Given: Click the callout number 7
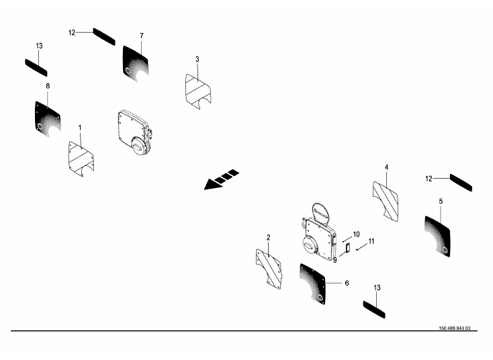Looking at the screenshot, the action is click(x=142, y=36).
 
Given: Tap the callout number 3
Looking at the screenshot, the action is click(x=197, y=59).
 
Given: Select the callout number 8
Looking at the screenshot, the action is click(x=48, y=86).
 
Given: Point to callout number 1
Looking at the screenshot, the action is click(x=80, y=128).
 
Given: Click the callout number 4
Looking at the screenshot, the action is click(x=386, y=167).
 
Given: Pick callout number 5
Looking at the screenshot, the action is click(x=441, y=201).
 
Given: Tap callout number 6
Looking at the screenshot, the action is click(x=347, y=283).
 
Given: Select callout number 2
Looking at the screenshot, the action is click(x=268, y=237).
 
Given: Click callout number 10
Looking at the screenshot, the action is click(x=356, y=234).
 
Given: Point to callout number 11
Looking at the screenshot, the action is click(x=371, y=241).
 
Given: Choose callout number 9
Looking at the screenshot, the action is click(x=335, y=261).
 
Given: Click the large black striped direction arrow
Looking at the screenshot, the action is click(x=222, y=179).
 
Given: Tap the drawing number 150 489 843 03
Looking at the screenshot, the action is click(x=455, y=328).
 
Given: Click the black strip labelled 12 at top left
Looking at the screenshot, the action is click(x=104, y=36).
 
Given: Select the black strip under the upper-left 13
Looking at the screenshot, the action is click(x=36, y=68).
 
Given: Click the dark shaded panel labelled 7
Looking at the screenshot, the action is click(x=136, y=64).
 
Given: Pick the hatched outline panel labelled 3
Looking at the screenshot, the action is click(x=198, y=91).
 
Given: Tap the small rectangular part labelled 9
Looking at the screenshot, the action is click(x=348, y=248).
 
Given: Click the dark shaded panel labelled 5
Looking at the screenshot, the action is click(x=437, y=236).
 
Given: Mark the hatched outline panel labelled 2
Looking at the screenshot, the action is click(x=269, y=269).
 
